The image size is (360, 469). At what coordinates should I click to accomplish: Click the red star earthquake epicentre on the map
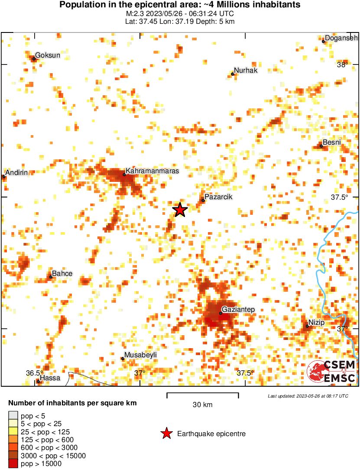pos(180,210)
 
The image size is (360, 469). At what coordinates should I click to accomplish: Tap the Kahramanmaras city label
pos(152,171)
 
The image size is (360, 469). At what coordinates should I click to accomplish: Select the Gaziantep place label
pos(238,310)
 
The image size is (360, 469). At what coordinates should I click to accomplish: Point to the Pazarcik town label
pos(219,197)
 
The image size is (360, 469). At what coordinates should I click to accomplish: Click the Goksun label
pos(48,55)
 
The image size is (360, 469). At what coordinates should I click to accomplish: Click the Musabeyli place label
pos(140,355)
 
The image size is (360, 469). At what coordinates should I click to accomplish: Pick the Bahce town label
pos(62,274)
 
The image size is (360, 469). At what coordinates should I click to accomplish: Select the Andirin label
pos(16,172)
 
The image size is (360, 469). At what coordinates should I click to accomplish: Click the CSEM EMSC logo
pos(331,372)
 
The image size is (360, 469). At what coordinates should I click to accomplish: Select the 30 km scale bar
pos(203,395)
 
